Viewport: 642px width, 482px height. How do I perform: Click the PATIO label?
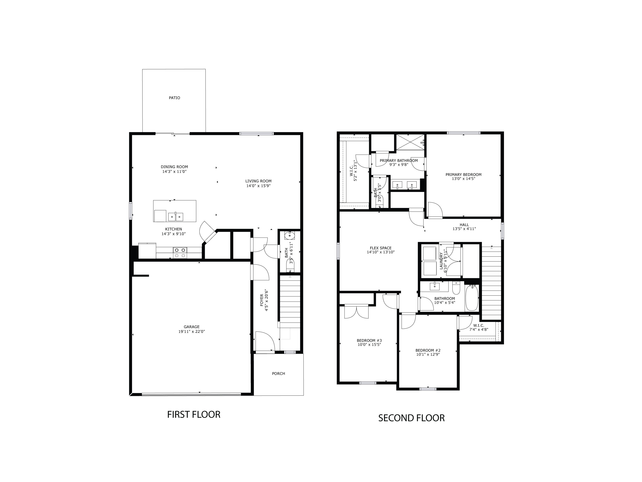(x=174, y=98)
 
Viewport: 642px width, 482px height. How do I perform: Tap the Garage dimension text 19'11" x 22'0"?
(x=192, y=331)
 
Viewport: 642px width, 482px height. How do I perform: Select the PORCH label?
(x=278, y=374)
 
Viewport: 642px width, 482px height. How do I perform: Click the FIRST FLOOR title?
(x=194, y=415)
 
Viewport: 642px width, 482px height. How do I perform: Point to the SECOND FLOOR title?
(x=411, y=418)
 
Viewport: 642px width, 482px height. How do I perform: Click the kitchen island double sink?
(x=176, y=217)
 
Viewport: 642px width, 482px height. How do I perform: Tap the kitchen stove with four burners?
(x=180, y=253)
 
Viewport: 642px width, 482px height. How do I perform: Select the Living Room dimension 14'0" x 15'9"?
(x=258, y=186)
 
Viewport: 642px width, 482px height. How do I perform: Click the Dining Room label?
(x=174, y=167)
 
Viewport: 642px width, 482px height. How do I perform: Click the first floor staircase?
(x=290, y=302)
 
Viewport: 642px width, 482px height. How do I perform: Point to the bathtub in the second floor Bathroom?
(x=472, y=298)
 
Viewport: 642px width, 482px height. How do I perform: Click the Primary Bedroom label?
(x=463, y=175)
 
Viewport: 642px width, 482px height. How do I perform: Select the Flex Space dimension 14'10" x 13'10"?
(x=380, y=252)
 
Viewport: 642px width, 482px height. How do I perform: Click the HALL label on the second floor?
(x=464, y=225)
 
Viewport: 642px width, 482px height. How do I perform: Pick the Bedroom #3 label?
(x=369, y=341)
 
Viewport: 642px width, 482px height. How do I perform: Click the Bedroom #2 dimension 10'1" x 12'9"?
(x=428, y=355)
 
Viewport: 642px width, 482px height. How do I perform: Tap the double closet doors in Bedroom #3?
(x=356, y=312)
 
